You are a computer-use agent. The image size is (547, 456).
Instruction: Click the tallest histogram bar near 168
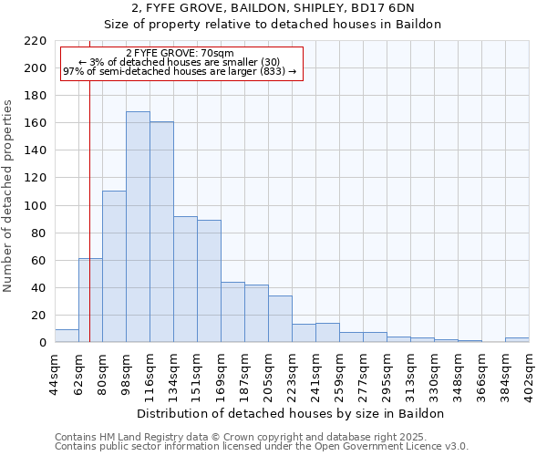point(138,227)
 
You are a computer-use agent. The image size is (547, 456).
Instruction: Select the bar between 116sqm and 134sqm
point(161,233)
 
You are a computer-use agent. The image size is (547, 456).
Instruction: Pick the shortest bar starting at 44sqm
point(67,336)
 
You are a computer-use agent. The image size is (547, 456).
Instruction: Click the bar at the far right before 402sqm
point(517,340)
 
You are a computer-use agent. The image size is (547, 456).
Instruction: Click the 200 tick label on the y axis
point(36,68)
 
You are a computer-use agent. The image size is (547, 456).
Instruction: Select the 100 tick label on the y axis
point(36,206)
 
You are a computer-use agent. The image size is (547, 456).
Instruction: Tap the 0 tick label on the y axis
point(42,343)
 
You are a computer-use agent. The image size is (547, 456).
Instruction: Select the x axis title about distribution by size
point(292,413)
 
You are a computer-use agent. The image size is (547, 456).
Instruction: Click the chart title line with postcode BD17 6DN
point(273,8)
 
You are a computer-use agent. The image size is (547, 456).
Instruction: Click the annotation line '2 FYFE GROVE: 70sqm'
point(180,53)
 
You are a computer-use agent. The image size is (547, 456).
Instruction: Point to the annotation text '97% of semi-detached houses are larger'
point(180,71)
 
